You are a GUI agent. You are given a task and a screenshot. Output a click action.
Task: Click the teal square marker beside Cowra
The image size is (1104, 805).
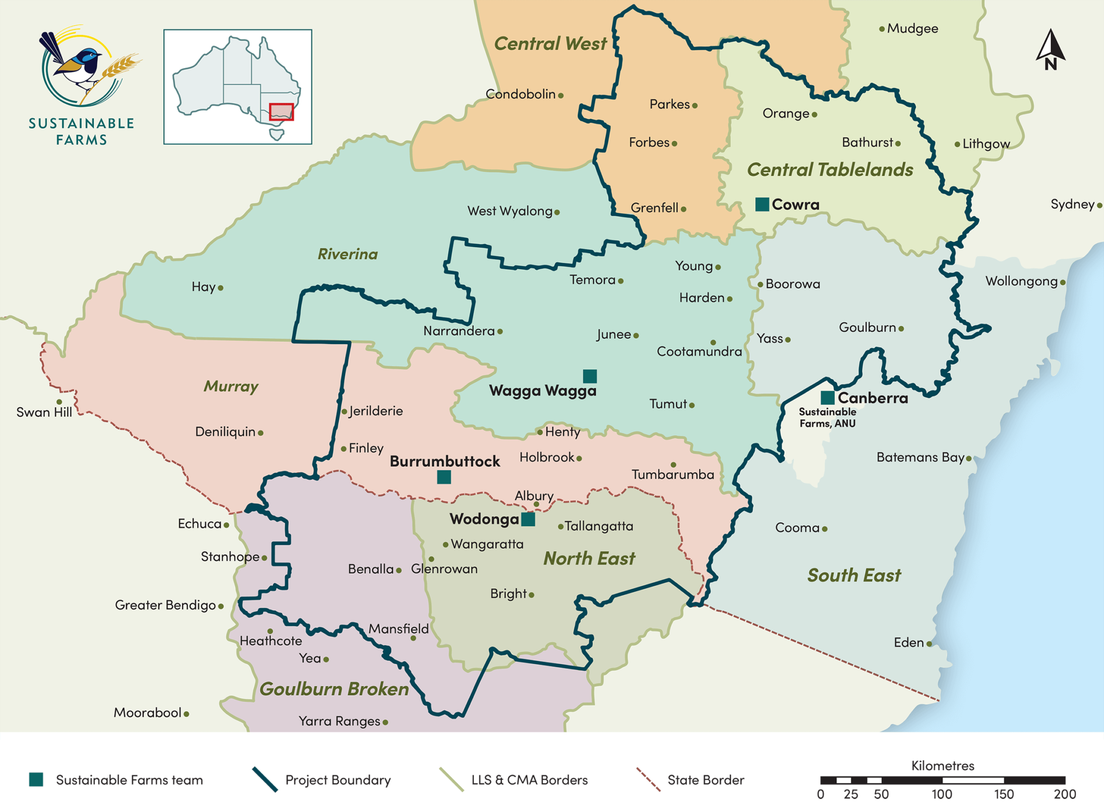tap(762, 204)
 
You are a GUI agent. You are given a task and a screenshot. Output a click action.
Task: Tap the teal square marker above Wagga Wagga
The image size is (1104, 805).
tap(590, 376)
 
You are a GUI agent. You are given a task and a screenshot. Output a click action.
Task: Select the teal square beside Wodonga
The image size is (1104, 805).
tap(528, 519)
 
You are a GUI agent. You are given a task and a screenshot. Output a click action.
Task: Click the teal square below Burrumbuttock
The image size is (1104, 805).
tap(444, 477)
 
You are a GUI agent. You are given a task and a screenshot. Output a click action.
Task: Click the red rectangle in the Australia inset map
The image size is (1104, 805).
tap(281, 112)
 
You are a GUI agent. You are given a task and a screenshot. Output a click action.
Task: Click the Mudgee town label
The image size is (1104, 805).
tap(912, 29)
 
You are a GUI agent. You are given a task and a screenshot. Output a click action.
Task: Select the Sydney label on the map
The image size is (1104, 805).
tap(1072, 204)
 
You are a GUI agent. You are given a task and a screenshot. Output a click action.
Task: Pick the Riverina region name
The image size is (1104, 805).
tap(348, 254)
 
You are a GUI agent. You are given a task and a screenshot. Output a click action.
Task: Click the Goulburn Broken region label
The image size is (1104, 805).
tap(334, 689)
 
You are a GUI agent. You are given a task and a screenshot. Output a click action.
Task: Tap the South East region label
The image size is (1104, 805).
tap(854, 575)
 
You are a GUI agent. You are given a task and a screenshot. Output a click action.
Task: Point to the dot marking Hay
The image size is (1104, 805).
tap(220, 288)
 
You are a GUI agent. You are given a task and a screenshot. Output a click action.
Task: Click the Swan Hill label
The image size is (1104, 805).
tap(44, 412)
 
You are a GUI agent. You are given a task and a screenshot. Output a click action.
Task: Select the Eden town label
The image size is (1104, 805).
tap(909, 643)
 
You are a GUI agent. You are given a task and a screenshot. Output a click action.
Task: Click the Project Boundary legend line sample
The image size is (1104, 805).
tap(265, 780)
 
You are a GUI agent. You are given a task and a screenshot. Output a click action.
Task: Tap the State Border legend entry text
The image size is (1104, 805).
tap(705, 780)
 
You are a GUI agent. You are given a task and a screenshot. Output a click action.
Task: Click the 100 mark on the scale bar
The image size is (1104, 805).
tap(942, 794)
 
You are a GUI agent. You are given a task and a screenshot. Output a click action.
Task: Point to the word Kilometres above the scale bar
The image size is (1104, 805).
tap(942, 766)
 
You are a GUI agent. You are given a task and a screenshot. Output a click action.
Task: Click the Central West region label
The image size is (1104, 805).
tap(550, 44)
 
